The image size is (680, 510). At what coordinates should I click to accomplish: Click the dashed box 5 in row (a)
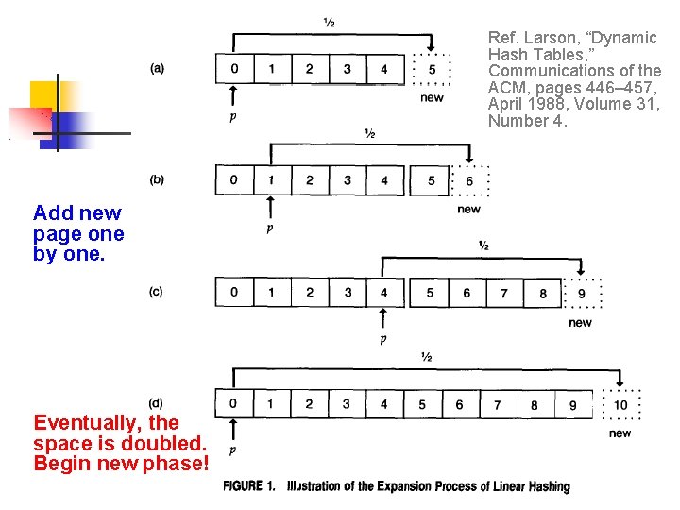[432, 69]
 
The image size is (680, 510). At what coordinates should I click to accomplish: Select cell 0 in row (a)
[234, 69]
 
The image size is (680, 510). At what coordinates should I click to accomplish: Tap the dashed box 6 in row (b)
[468, 180]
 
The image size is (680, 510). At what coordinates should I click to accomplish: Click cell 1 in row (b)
[271, 180]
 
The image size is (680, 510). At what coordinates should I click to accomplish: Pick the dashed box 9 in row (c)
[581, 293]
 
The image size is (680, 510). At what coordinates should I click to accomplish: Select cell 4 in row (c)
[383, 293]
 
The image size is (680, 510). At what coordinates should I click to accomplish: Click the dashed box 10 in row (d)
[620, 405]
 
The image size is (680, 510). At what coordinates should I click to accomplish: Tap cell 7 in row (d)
[497, 405]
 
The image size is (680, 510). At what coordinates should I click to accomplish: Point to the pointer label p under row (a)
[232, 117]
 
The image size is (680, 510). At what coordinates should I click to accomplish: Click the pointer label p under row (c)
[382, 340]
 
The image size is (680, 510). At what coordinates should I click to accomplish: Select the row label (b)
[157, 179]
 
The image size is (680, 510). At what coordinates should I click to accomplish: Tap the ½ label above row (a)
[328, 22]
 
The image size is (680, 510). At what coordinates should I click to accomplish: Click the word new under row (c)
[580, 323]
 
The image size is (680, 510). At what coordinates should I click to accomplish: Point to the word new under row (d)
[620, 433]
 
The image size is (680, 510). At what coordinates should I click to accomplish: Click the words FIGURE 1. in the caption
[249, 486]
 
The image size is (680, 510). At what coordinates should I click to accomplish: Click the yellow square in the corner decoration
[44, 95]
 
